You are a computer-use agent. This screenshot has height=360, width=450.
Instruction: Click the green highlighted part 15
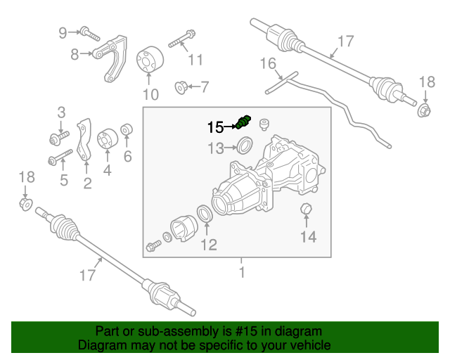click(244, 122)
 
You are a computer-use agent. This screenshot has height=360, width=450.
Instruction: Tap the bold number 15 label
click(215, 127)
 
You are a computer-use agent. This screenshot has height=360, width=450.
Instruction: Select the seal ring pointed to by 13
click(244, 147)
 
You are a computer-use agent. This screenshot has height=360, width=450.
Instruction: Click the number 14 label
click(309, 237)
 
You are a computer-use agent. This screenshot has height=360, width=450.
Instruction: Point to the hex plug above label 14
click(306, 210)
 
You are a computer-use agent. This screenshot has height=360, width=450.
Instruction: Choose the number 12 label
click(210, 245)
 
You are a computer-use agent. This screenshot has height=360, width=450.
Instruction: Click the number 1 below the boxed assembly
click(242, 271)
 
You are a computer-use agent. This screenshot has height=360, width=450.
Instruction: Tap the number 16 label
click(269, 64)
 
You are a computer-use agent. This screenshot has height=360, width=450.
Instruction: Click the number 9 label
click(63, 32)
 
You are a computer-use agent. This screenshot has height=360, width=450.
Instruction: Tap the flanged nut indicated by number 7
click(181, 88)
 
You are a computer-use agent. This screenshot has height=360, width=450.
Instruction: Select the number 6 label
click(128, 156)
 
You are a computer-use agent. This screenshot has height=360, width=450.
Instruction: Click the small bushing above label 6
click(128, 131)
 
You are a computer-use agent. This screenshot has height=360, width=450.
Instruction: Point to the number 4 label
click(107, 169)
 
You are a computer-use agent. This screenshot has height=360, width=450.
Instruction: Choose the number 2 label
click(87, 184)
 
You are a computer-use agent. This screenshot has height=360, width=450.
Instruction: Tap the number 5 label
click(64, 181)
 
